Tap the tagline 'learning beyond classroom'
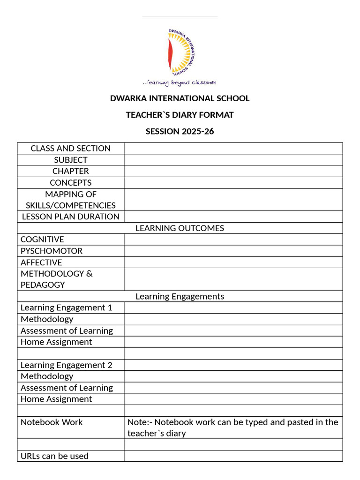180,82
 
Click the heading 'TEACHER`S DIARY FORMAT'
180,115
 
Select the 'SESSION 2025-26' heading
180,131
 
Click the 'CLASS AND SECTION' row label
70,148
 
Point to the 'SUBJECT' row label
70,160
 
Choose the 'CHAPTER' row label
70,171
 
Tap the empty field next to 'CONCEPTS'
233,183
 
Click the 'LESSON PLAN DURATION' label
70,217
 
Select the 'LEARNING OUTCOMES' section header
180,228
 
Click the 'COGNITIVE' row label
42,240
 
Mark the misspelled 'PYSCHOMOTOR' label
51,251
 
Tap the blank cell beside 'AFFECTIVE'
233,262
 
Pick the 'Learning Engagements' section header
180,296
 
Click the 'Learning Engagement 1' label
66,307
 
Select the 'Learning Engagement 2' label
66,365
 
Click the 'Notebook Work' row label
51,422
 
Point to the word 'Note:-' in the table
139,422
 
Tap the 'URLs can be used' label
54,456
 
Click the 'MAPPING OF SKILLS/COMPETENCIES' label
70,200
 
